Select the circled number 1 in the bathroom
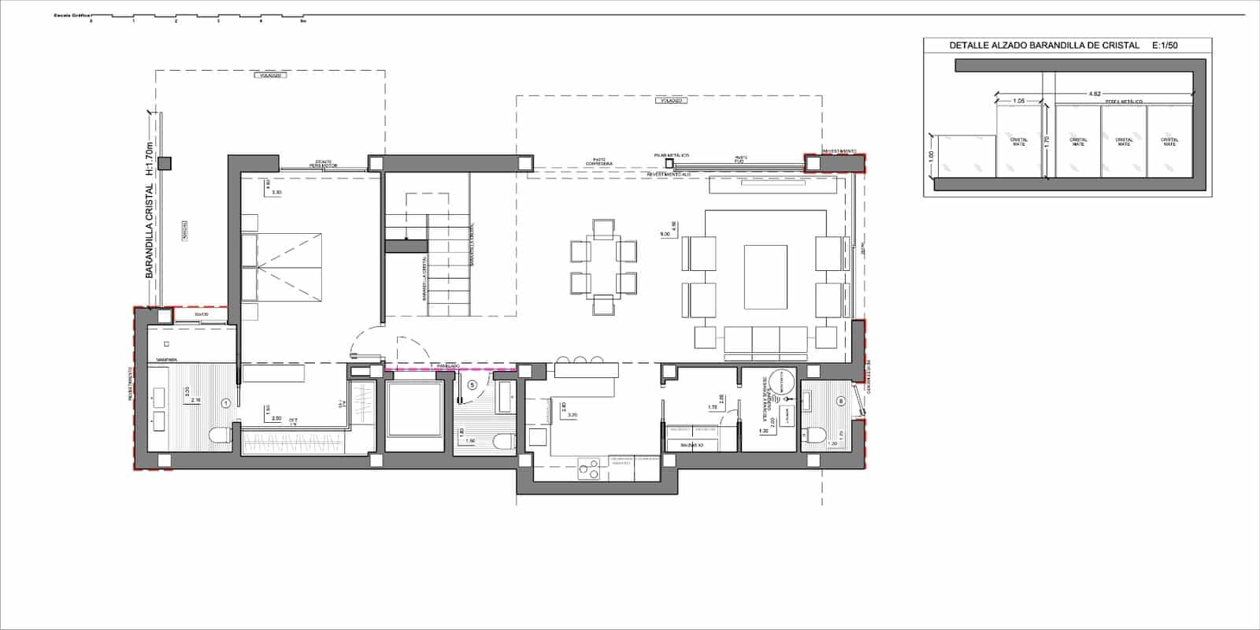point(226,402)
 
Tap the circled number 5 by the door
point(472,385)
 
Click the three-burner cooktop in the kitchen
point(587,469)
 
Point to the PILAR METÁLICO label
point(671,155)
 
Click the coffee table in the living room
point(765,277)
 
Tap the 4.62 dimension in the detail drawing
point(1095,94)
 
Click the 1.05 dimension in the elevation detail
point(1018,101)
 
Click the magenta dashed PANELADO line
point(450,368)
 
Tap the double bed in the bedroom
point(282,267)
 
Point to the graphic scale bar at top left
point(197,17)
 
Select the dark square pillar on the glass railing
point(164,164)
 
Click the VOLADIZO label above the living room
point(671,101)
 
